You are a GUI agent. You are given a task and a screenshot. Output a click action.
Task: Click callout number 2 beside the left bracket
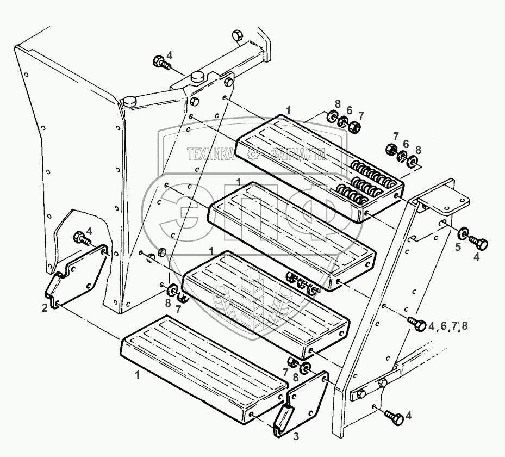(45, 308)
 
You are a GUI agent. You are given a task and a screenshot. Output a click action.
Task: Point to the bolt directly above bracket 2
(81, 238)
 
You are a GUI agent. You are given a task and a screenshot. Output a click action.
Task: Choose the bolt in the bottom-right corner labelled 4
(394, 418)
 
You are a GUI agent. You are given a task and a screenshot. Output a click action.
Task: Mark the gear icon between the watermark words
(252, 155)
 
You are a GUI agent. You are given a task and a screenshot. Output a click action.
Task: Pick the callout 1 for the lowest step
(137, 375)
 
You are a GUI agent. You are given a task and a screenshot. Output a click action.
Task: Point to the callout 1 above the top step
(288, 110)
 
